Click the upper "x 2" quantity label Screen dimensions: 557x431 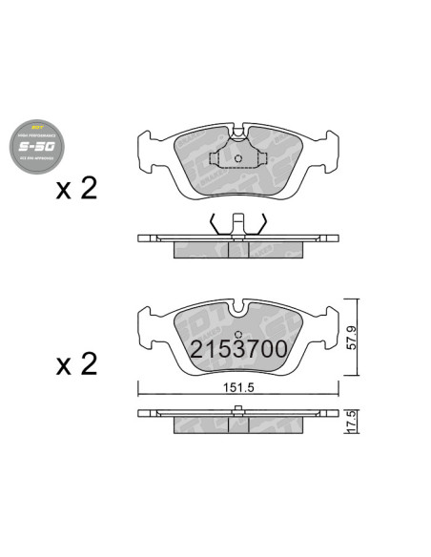[x=77, y=188]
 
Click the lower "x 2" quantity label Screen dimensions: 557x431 [x=77, y=363]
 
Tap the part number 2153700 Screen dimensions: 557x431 [x=238, y=349]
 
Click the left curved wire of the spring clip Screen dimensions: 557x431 [x=215, y=225]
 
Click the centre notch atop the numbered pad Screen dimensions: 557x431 [x=239, y=306]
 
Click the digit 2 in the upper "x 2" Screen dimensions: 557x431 [x=89, y=188]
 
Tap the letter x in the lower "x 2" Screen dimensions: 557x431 [x=65, y=365]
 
